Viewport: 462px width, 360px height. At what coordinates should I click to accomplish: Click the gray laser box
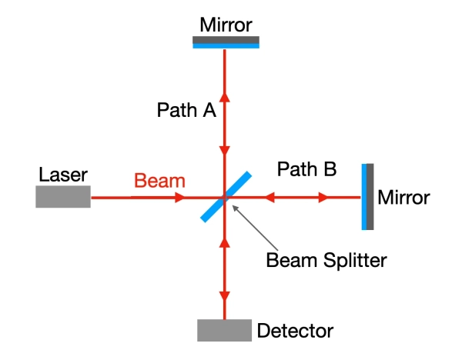click(x=62, y=197)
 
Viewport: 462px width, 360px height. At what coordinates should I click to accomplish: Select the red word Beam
click(x=159, y=182)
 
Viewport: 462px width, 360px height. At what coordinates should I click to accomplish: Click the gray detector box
click(x=224, y=330)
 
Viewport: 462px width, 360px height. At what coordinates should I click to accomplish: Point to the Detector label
click(x=295, y=332)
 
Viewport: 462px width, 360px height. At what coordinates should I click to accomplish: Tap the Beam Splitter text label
click(x=326, y=258)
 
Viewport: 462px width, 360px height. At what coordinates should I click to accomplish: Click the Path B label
click(x=306, y=169)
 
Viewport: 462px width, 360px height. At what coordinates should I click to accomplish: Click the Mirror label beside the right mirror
click(x=403, y=198)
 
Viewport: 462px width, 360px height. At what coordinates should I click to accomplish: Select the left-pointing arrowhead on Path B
click(x=269, y=198)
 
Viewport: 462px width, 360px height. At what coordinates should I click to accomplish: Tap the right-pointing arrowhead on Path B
click(x=323, y=198)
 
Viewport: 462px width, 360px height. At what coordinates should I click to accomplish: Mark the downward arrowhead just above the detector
click(x=225, y=295)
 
